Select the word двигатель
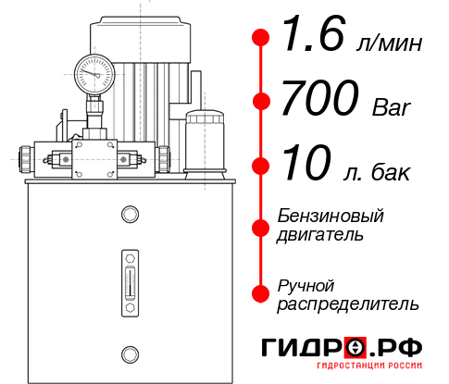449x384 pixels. click(x=320, y=235)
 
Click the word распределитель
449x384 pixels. click(x=348, y=303)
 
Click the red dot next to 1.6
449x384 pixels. click(x=261, y=38)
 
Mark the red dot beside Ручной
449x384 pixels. click(x=261, y=293)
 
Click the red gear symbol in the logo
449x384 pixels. click(x=355, y=348)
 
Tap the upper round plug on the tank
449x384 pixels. click(x=129, y=215)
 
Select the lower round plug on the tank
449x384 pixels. click(x=129, y=353)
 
